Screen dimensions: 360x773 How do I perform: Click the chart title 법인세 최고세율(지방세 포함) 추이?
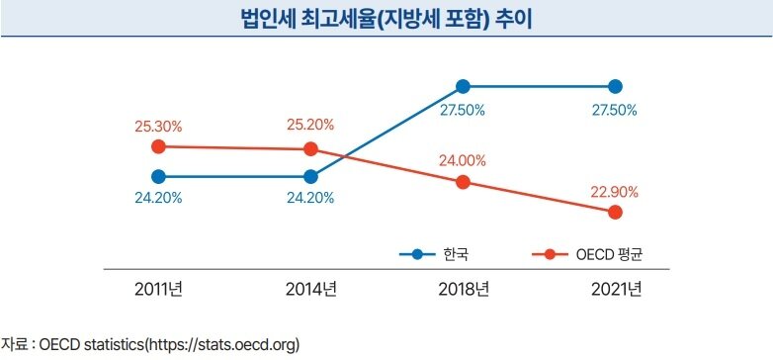pos(386,21)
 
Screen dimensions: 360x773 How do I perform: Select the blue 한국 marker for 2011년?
pos(158,177)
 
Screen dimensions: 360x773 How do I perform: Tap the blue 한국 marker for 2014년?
pos(310,177)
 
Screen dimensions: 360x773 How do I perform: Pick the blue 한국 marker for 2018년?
pos(463,86)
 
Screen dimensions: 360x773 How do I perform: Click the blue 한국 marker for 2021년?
pos(615,86)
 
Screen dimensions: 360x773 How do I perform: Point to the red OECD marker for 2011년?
pos(158,146)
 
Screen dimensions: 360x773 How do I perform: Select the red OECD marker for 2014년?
pos(310,149)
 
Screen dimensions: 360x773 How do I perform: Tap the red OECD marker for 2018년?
pos(463,182)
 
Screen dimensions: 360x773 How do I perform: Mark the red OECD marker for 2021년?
pos(615,212)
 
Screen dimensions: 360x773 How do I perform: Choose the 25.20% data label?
pos(310,126)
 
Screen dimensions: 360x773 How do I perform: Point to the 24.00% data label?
pos(463,160)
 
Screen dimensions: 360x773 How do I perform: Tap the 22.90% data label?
pos(615,191)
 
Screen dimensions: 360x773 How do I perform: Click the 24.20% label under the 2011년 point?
pos(158,198)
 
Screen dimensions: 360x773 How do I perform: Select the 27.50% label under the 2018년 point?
pos(463,110)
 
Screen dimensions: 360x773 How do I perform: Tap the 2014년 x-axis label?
pos(310,290)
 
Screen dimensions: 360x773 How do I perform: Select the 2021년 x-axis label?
pos(615,290)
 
